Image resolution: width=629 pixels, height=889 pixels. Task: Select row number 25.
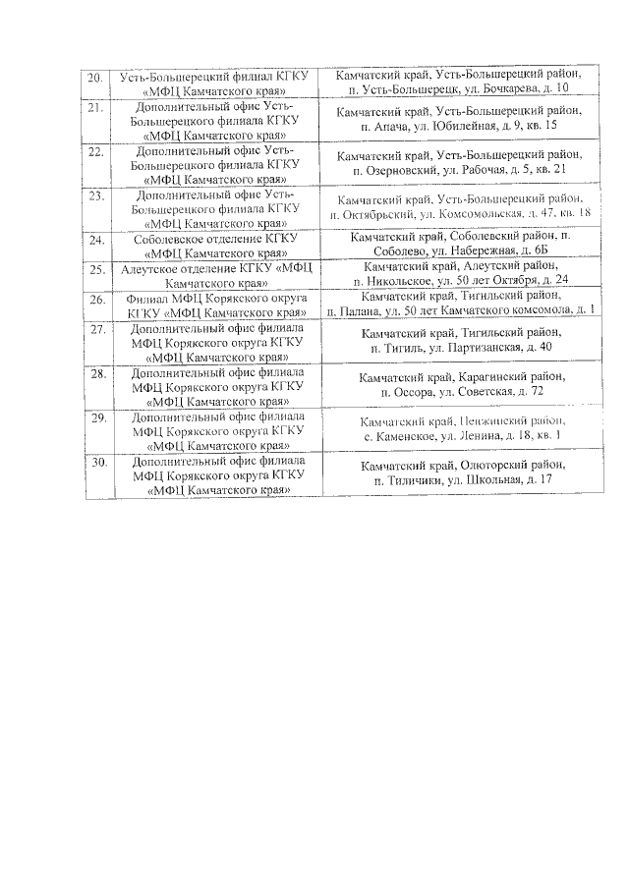click(96, 268)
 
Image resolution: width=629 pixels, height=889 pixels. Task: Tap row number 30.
click(96, 460)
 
